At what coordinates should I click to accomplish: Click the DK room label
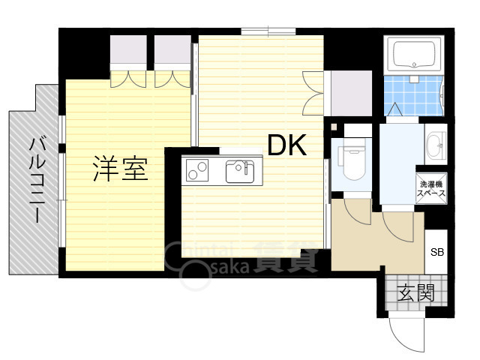(286, 145)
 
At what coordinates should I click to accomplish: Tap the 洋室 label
(121, 168)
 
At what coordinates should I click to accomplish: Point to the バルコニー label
(37, 181)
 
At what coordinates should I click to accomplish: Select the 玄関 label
(415, 292)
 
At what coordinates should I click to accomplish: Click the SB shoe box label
(436, 252)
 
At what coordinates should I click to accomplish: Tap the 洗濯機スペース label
(431, 188)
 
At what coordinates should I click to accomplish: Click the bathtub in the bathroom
(414, 55)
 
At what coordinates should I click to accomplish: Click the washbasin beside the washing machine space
(435, 145)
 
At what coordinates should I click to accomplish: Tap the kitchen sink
(240, 171)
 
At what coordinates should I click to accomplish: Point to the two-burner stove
(197, 169)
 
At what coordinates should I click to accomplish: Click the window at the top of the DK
(268, 31)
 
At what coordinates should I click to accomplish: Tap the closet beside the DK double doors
(351, 93)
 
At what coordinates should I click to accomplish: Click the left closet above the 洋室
(128, 49)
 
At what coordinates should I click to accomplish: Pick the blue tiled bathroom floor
(413, 95)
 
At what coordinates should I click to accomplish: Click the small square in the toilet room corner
(334, 127)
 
